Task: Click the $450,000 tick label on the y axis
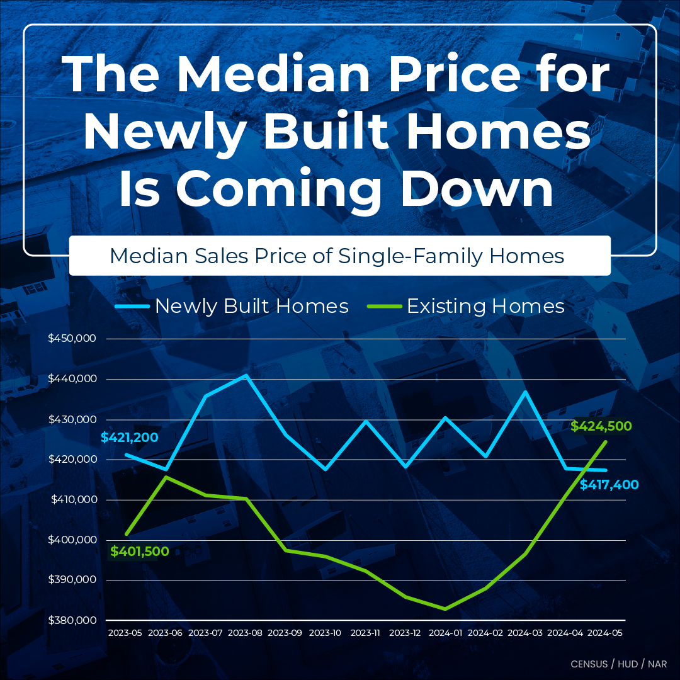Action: coord(72,338)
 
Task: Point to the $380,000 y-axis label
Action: coord(72,621)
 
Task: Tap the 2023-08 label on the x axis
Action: coord(245,633)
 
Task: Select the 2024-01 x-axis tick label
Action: coord(445,633)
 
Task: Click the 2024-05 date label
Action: coord(605,633)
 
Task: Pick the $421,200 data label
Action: coord(129,438)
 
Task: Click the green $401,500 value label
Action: coord(140,552)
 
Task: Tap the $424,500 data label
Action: coord(601,426)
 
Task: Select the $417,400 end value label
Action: coord(609,485)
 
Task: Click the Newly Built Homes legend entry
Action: coord(232,306)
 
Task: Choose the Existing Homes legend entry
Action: coord(466,306)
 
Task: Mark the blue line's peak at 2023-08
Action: coord(246,375)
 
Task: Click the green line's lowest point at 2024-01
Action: coord(445,609)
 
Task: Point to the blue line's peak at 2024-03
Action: coord(526,392)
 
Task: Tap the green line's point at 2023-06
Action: coord(166,477)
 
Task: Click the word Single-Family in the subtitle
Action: coord(410,256)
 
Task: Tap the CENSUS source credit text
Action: coord(589,664)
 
